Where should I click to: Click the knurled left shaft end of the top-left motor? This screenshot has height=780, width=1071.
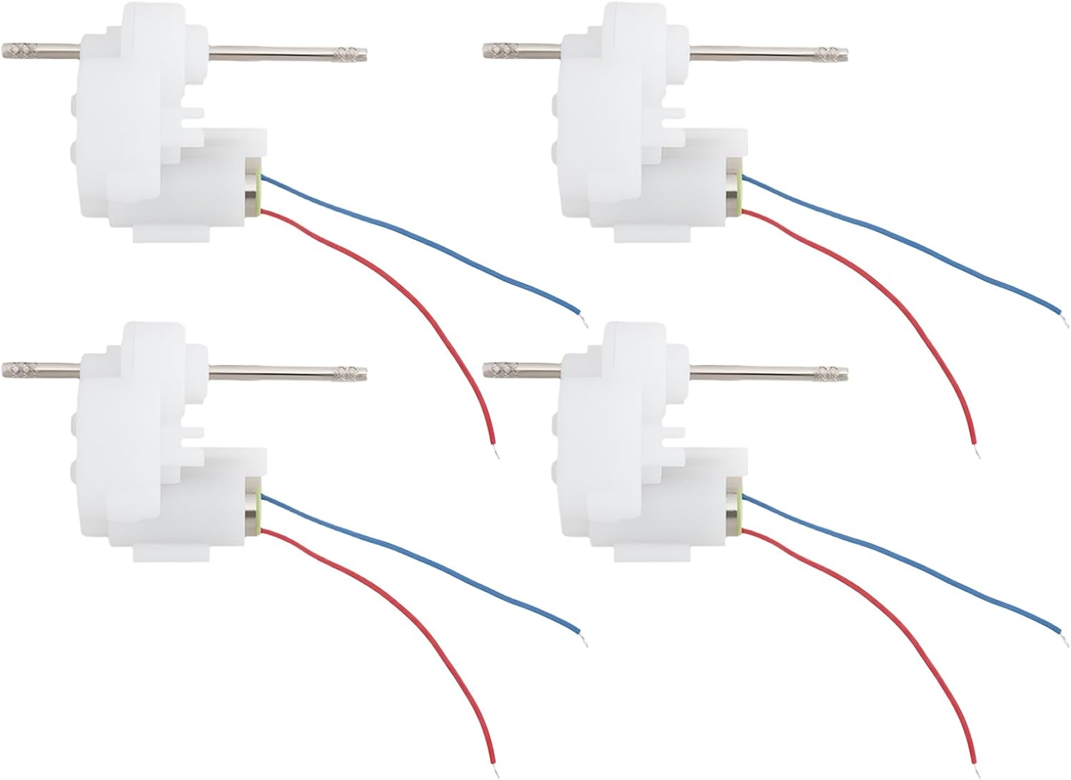(19, 51)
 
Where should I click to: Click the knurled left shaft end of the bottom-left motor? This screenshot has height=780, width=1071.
(19, 370)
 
